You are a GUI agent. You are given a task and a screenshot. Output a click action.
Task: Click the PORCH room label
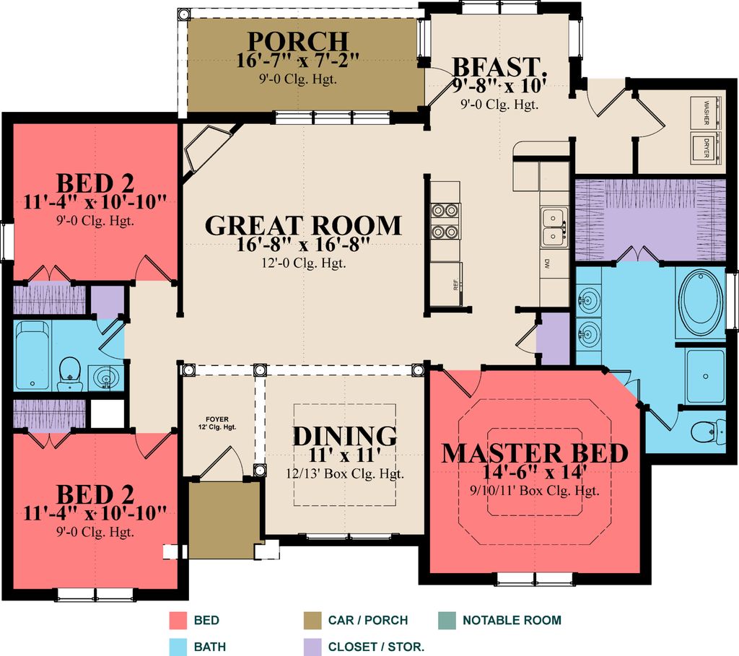[x=298, y=42]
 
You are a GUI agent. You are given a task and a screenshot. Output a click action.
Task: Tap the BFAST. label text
[x=498, y=67]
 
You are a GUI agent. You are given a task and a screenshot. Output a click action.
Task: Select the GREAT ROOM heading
[x=303, y=225]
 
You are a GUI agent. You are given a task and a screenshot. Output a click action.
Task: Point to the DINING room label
[x=344, y=436]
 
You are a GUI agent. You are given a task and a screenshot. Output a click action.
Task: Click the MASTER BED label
[x=534, y=453]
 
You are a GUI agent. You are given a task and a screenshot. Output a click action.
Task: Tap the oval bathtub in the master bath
[x=699, y=302]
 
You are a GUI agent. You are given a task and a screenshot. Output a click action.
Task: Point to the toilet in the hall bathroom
[x=69, y=369]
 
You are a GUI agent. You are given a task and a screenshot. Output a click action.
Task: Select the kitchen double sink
[x=554, y=226]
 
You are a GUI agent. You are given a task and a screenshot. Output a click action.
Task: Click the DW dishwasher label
[x=548, y=263]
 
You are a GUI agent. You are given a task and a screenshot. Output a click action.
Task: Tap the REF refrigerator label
[x=456, y=284]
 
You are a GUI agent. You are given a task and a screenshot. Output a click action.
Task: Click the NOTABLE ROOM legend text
[x=512, y=620]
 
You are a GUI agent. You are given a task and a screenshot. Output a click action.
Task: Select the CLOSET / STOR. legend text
[x=376, y=647]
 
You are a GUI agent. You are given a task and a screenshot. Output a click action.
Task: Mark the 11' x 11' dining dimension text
[x=344, y=455]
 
